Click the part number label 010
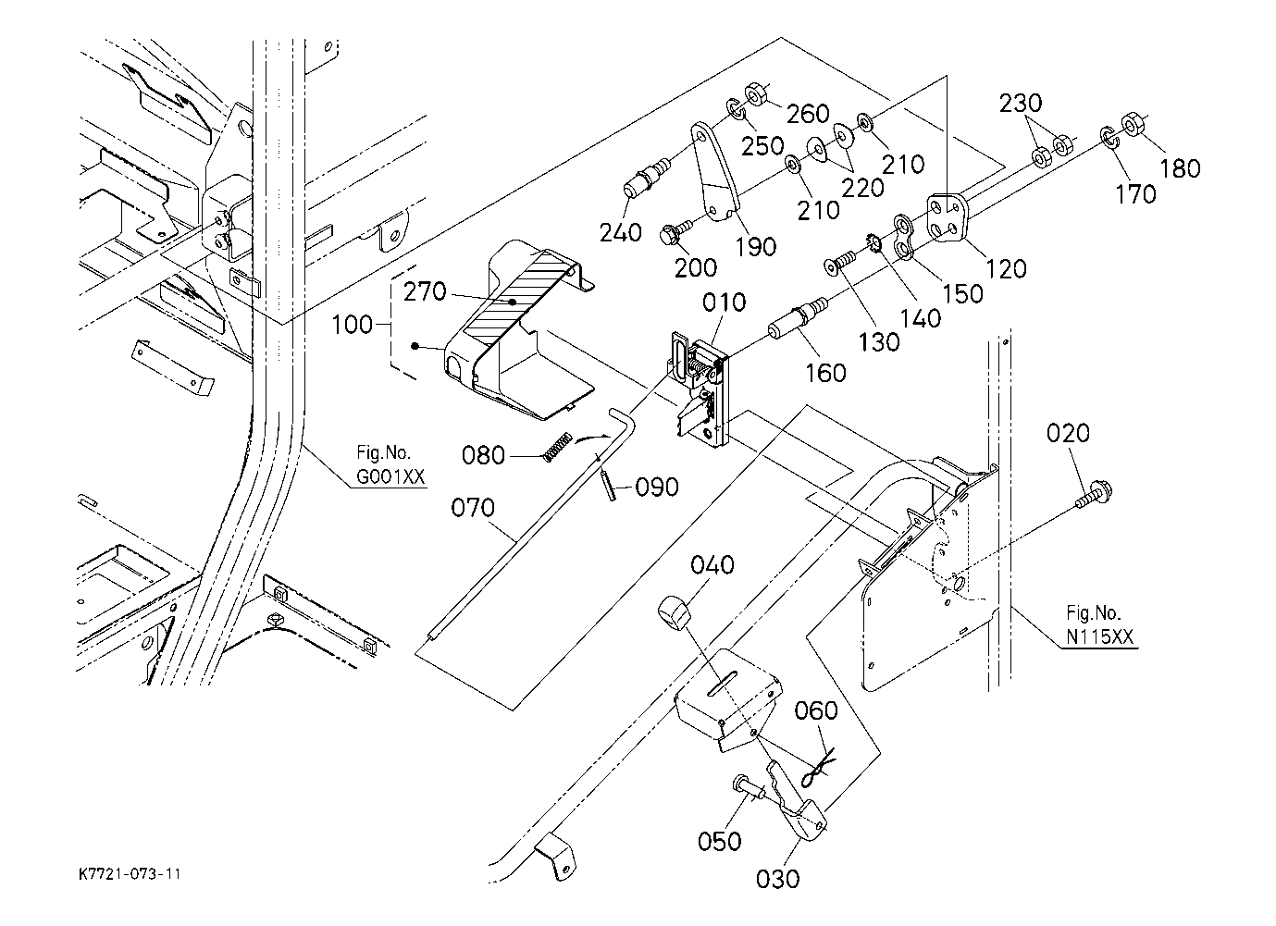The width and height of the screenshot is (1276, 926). point(724,303)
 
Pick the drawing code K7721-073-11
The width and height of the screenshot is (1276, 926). point(130,873)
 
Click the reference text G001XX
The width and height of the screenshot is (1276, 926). point(390,476)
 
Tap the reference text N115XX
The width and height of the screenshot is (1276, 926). point(1100,636)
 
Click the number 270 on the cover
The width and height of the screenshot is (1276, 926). point(425,292)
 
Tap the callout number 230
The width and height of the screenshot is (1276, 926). point(1021,104)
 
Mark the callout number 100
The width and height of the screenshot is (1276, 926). point(352,326)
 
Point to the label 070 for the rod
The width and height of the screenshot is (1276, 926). point(473,508)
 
